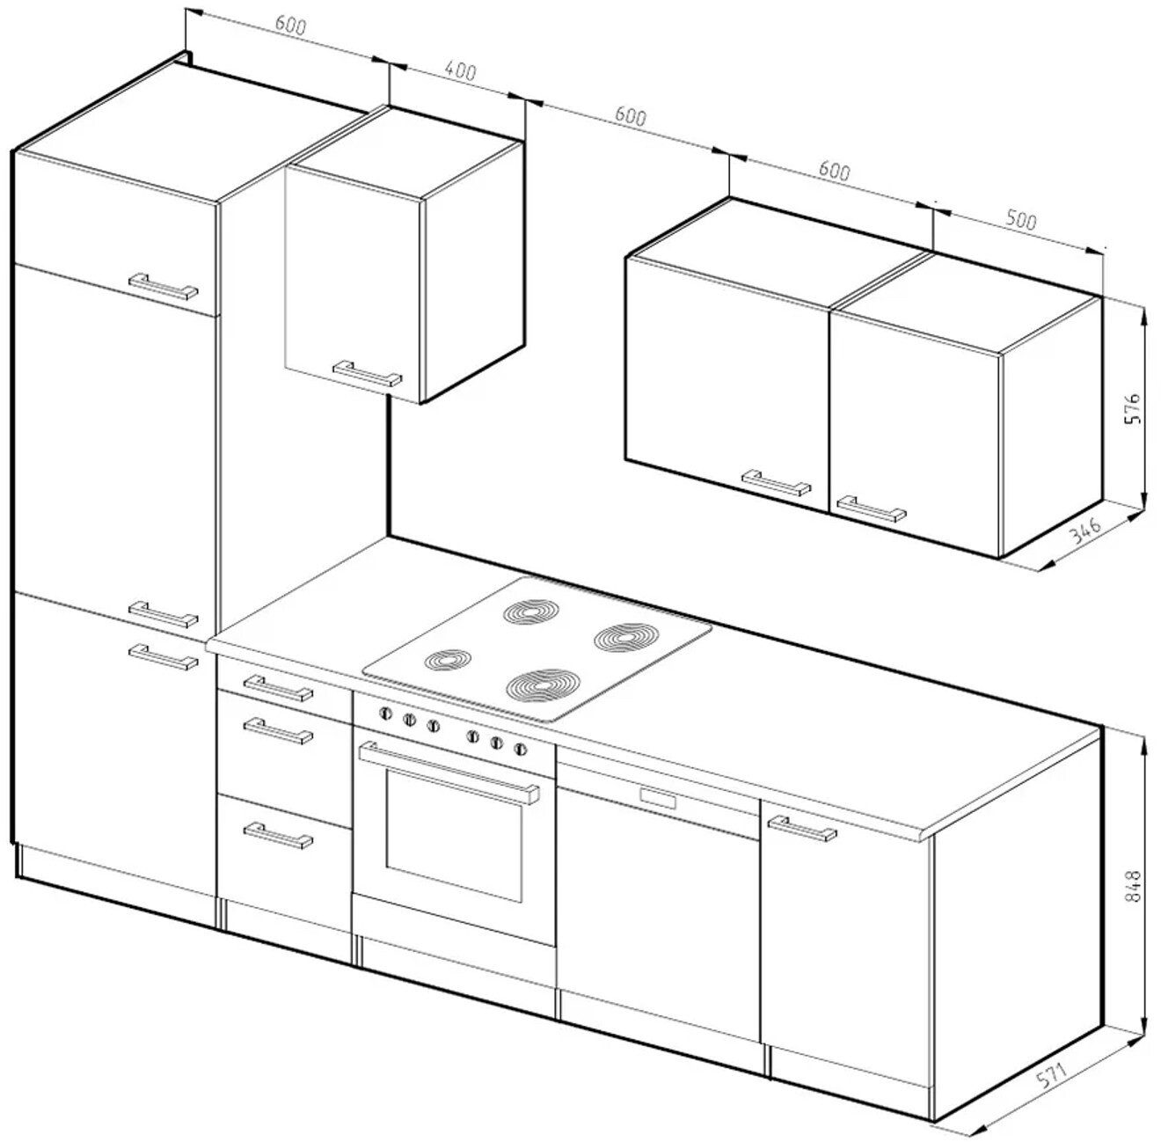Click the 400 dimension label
(x=461, y=72)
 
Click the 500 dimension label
(x=1020, y=221)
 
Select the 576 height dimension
(x=1133, y=408)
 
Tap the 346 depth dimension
(x=1085, y=531)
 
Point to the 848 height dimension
(x=1133, y=885)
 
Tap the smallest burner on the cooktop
(x=449, y=660)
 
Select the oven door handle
(x=449, y=772)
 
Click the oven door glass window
(x=454, y=836)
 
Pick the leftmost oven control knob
(x=385, y=714)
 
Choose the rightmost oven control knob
(x=521, y=750)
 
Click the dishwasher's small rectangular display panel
(x=658, y=798)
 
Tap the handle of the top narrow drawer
(x=278, y=688)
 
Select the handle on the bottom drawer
(x=278, y=836)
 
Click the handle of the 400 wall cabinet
(x=367, y=374)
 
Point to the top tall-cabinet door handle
(x=164, y=287)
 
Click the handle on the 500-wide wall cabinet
(x=872, y=509)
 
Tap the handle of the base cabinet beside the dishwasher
(x=802, y=829)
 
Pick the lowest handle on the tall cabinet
(x=164, y=657)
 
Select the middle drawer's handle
(x=278, y=731)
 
